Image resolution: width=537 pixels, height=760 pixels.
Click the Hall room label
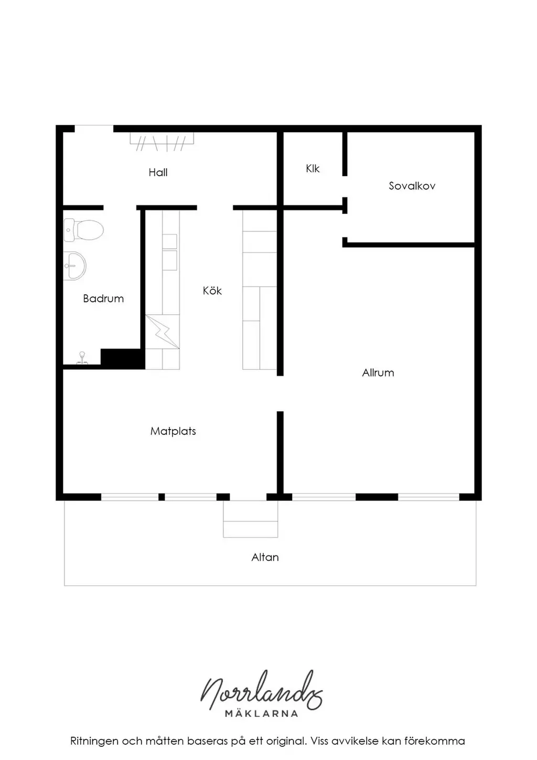tap(158, 173)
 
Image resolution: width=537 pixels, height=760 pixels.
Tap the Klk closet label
tap(313, 168)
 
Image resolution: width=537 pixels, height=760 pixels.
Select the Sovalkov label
tap(412, 186)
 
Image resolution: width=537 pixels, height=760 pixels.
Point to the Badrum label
tap(103, 298)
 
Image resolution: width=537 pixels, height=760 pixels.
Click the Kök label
tap(212, 291)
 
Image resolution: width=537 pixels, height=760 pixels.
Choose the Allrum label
tap(378, 373)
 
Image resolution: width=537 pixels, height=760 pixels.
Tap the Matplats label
tap(173, 431)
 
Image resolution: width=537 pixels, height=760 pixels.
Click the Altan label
tap(265, 558)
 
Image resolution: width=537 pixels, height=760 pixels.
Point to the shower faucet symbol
tap(82, 358)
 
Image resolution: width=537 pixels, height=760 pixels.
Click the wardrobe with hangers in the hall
tap(162, 142)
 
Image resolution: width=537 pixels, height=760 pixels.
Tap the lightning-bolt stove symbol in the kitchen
tap(162, 331)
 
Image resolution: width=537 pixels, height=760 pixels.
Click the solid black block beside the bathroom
tap(123, 359)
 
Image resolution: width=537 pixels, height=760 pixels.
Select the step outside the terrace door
tap(250, 519)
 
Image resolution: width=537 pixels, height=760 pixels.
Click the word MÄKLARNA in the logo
tap(261, 713)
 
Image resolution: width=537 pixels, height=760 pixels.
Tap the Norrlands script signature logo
tap(261, 691)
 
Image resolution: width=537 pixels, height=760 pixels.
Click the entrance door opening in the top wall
tap(94, 129)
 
